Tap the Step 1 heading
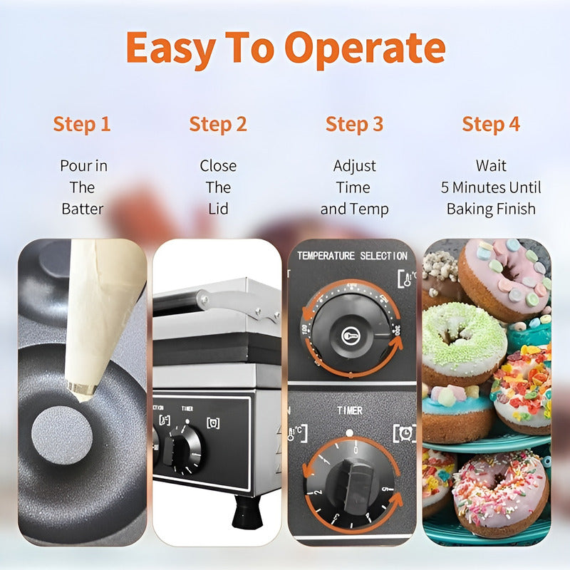pos(82,124)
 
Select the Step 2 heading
pos(218,124)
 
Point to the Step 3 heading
pos(354,124)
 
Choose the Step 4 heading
pos(491,124)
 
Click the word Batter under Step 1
pos(82,209)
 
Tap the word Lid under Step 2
pos(218,209)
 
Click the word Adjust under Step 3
pos(354,166)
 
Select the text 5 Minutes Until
pos(491,188)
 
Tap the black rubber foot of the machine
pos(247,512)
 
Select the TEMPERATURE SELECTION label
pos(351,256)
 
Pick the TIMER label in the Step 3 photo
pos(349,411)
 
